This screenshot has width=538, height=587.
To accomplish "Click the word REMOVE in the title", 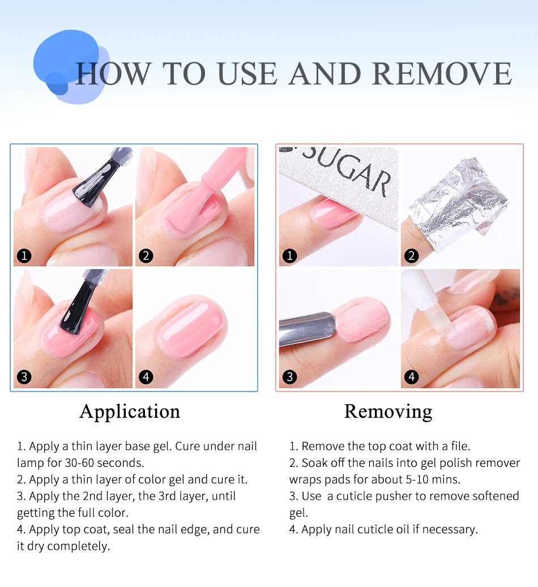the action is [442, 74].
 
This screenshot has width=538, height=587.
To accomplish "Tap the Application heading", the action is [130, 412].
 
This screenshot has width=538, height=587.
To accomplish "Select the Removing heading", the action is [388, 412].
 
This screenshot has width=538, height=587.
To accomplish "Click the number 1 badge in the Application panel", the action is [24, 256].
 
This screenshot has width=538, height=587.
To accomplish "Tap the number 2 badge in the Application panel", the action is [146, 256].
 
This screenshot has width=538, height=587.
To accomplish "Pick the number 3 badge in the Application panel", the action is [24, 377].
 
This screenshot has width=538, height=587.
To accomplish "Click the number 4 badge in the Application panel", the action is [146, 377].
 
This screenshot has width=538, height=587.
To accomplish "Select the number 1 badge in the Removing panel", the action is [289, 256].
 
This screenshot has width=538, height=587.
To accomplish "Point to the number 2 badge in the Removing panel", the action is [412, 256].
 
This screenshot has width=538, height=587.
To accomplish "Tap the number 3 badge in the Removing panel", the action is [289, 377].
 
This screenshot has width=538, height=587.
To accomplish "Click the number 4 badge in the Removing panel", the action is [412, 377].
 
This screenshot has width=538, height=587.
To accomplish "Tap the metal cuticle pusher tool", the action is [307, 328].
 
